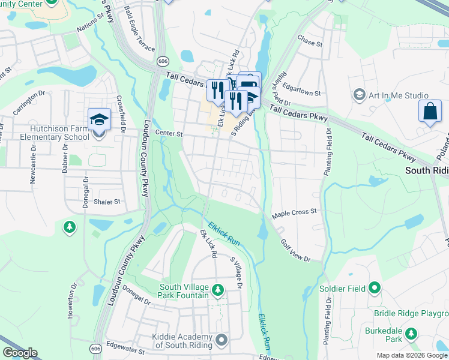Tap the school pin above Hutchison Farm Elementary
(x=99, y=119)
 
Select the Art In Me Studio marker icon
(x=360, y=95)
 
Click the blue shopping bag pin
(x=430, y=112)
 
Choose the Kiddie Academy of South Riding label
(x=182, y=341)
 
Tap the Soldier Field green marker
(x=375, y=288)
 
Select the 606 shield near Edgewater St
(x=96, y=348)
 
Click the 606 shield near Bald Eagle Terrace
(x=163, y=61)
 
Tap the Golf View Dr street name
(x=295, y=250)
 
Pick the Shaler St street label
(x=107, y=202)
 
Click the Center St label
(x=168, y=133)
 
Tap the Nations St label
(x=90, y=27)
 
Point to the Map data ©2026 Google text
(x=411, y=355)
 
